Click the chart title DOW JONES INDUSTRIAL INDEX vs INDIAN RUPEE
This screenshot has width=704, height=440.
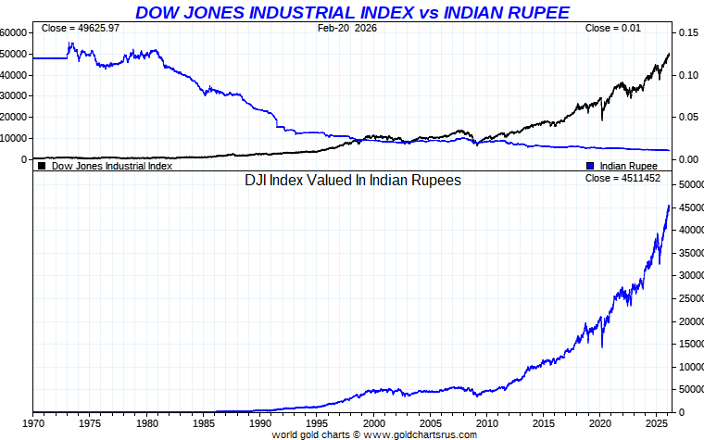pos(352,12)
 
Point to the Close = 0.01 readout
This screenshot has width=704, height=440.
pos(612,30)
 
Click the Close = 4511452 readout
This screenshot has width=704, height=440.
pos(622,178)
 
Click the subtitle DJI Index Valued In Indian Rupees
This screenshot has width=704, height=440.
pos(352,181)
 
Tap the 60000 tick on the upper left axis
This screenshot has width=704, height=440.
pos(13,31)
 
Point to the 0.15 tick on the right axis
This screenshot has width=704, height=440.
pos(687,32)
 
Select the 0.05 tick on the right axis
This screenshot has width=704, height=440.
pos(687,117)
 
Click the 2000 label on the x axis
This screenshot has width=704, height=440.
pos(372,422)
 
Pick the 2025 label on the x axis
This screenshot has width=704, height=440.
pos(656,422)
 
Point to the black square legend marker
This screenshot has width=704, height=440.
pos(42,167)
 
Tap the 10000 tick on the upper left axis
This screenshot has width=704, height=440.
pos(13,138)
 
